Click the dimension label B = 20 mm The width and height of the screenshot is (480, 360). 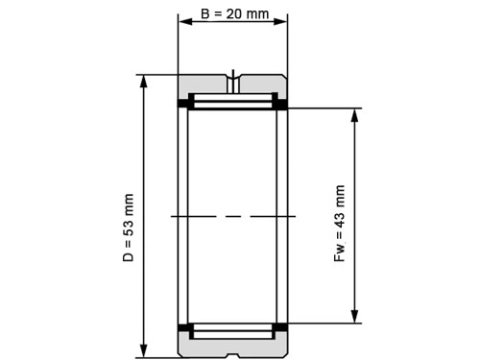(232, 16)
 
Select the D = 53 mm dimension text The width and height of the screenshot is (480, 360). (129, 228)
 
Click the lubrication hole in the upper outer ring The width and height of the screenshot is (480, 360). (233, 78)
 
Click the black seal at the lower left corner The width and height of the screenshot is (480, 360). (182, 329)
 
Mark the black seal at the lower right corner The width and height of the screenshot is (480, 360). (283, 329)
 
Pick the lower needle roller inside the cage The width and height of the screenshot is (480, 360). (232, 330)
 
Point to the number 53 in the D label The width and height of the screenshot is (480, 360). (129, 213)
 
